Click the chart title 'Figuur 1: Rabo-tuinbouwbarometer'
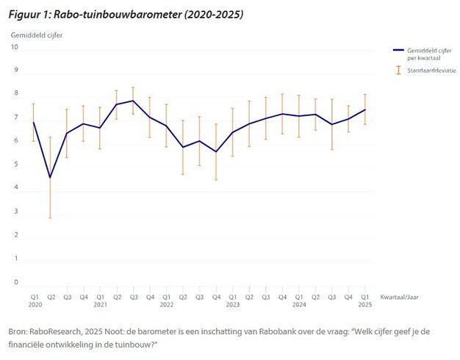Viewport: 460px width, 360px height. click(125, 14)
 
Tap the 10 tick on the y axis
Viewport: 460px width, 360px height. click(15, 48)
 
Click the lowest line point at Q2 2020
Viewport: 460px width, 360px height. click(50, 177)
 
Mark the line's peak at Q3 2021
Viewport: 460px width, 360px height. click(132, 101)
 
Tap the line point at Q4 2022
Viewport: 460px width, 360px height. click(215, 151)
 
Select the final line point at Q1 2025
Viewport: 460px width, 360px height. click(364, 109)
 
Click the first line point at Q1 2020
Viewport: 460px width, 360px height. click(34, 123)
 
